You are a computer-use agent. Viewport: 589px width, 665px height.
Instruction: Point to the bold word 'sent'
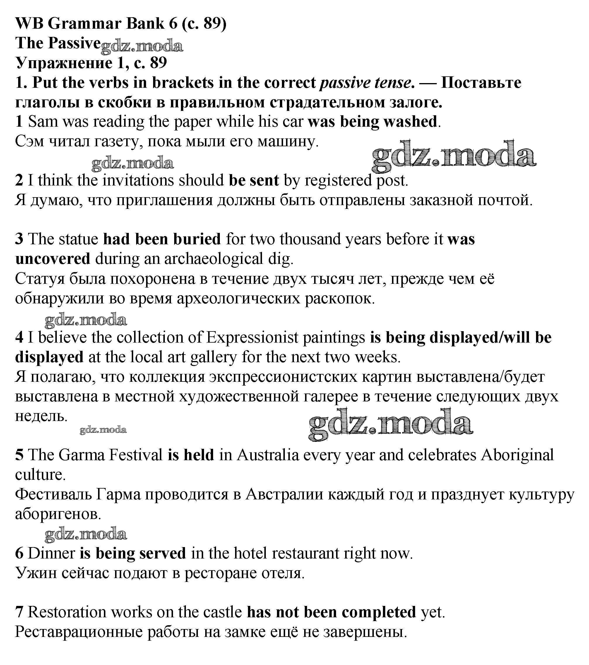pos(264,180)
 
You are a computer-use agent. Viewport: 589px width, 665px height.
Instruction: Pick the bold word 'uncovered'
pos(53,259)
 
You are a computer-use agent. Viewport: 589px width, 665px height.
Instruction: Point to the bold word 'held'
pos(198,455)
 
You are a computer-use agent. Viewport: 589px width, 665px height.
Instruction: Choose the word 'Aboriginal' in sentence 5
pos(517,455)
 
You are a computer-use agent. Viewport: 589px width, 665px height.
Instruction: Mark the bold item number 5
pos(19,455)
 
